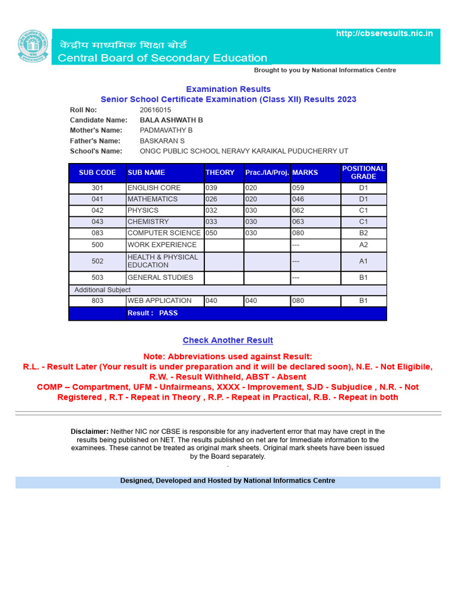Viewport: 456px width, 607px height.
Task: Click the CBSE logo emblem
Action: (x=34, y=46)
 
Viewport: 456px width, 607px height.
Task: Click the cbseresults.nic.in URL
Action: (x=384, y=33)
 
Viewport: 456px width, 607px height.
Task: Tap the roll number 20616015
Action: (x=156, y=110)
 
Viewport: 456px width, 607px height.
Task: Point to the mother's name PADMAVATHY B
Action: (x=166, y=130)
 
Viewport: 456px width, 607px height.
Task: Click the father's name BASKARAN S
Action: (x=162, y=140)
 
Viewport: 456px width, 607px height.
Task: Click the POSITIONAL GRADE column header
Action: (x=363, y=172)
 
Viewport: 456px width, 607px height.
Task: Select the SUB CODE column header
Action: (x=97, y=172)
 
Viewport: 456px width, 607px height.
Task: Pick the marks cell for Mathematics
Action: (x=298, y=199)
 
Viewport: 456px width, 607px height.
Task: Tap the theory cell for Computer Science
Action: (x=212, y=233)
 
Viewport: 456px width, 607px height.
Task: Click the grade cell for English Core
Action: (x=363, y=188)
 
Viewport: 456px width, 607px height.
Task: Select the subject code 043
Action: (x=97, y=222)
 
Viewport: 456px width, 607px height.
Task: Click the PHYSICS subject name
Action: (x=143, y=210)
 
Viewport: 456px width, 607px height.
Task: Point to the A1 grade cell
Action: (x=363, y=261)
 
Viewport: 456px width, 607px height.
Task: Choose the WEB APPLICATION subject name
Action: (x=159, y=301)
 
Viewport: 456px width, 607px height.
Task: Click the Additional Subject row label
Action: (x=102, y=290)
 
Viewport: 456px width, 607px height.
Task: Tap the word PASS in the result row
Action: (x=168, y=313)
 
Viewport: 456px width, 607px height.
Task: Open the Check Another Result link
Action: (x=228, y=340)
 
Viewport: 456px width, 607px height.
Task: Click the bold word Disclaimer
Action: (x=90, y=432)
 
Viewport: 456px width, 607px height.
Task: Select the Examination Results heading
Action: (x=228, y=89)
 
